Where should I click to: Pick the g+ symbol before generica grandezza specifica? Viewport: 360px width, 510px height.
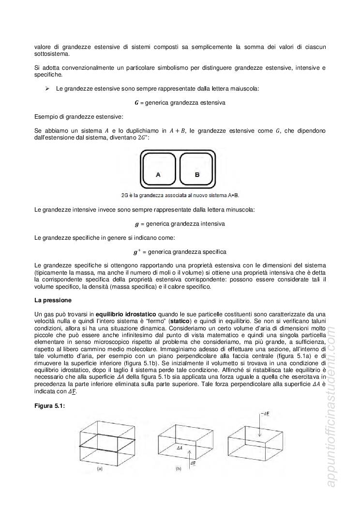tap(136, 251)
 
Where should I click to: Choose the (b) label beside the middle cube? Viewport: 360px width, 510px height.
tap(179, 469)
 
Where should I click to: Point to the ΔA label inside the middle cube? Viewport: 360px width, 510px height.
tap(179, 448)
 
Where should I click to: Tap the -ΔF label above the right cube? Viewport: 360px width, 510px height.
tap(264, 413)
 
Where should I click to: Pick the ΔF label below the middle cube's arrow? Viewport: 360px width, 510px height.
tap(194, 463)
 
